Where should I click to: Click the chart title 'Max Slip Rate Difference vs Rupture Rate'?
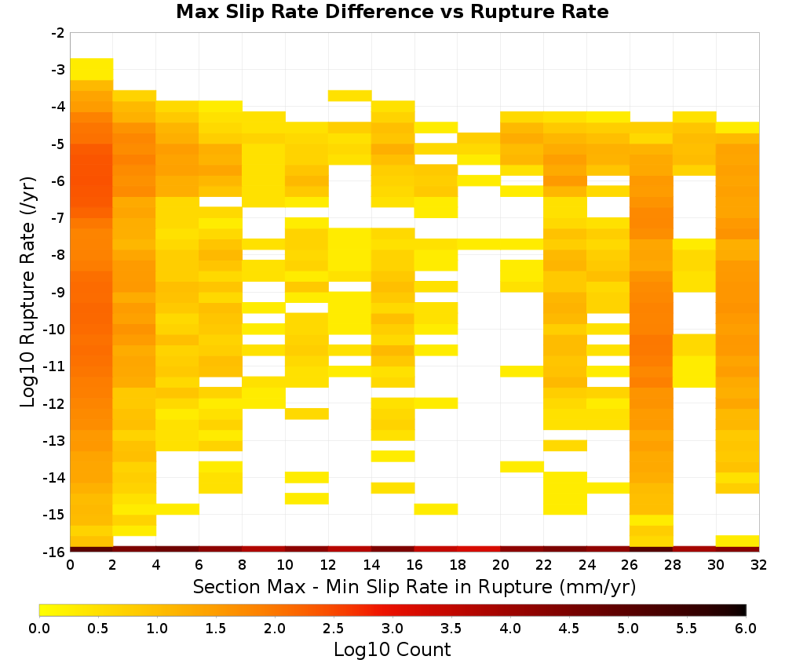pyautogui.click(x=392, y=12)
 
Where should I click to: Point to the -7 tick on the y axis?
pyautogui.click(x=59, y=218)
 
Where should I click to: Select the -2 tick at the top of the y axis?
pyautogui.click(x=59, y=33)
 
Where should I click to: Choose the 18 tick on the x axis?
pyautogui.click(x=458, y=565)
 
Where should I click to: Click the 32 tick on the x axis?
pyautogui.click(x=759, y=565)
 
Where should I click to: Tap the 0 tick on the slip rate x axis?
pyautogui.click(x=70, y=565)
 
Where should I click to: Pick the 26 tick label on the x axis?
pyautogui.click(x=630, y=565)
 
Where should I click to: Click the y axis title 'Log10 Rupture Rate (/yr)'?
pyautogui.click(x=28, y=292)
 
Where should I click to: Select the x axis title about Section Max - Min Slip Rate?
pyautogui.click(x=414, y=587)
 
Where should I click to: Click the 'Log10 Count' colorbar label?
pyautogui.click(x=392, y=650)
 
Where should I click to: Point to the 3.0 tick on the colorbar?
pyautogui.click(x=392, y=629)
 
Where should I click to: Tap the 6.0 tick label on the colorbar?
pyautogui.click(x=746, y=629)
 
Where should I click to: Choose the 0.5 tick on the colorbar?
pyautogui.click(x=97, y=629)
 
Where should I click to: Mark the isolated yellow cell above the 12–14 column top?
pyautogui.click(x=350, y=96)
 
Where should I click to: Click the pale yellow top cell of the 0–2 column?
pyautogui.click(x=92, y=69)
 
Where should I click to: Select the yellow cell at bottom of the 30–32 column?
pyautogui.click(x=737, y=541)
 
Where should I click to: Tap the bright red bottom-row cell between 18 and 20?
pyautogui.click(x=479, y=549)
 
